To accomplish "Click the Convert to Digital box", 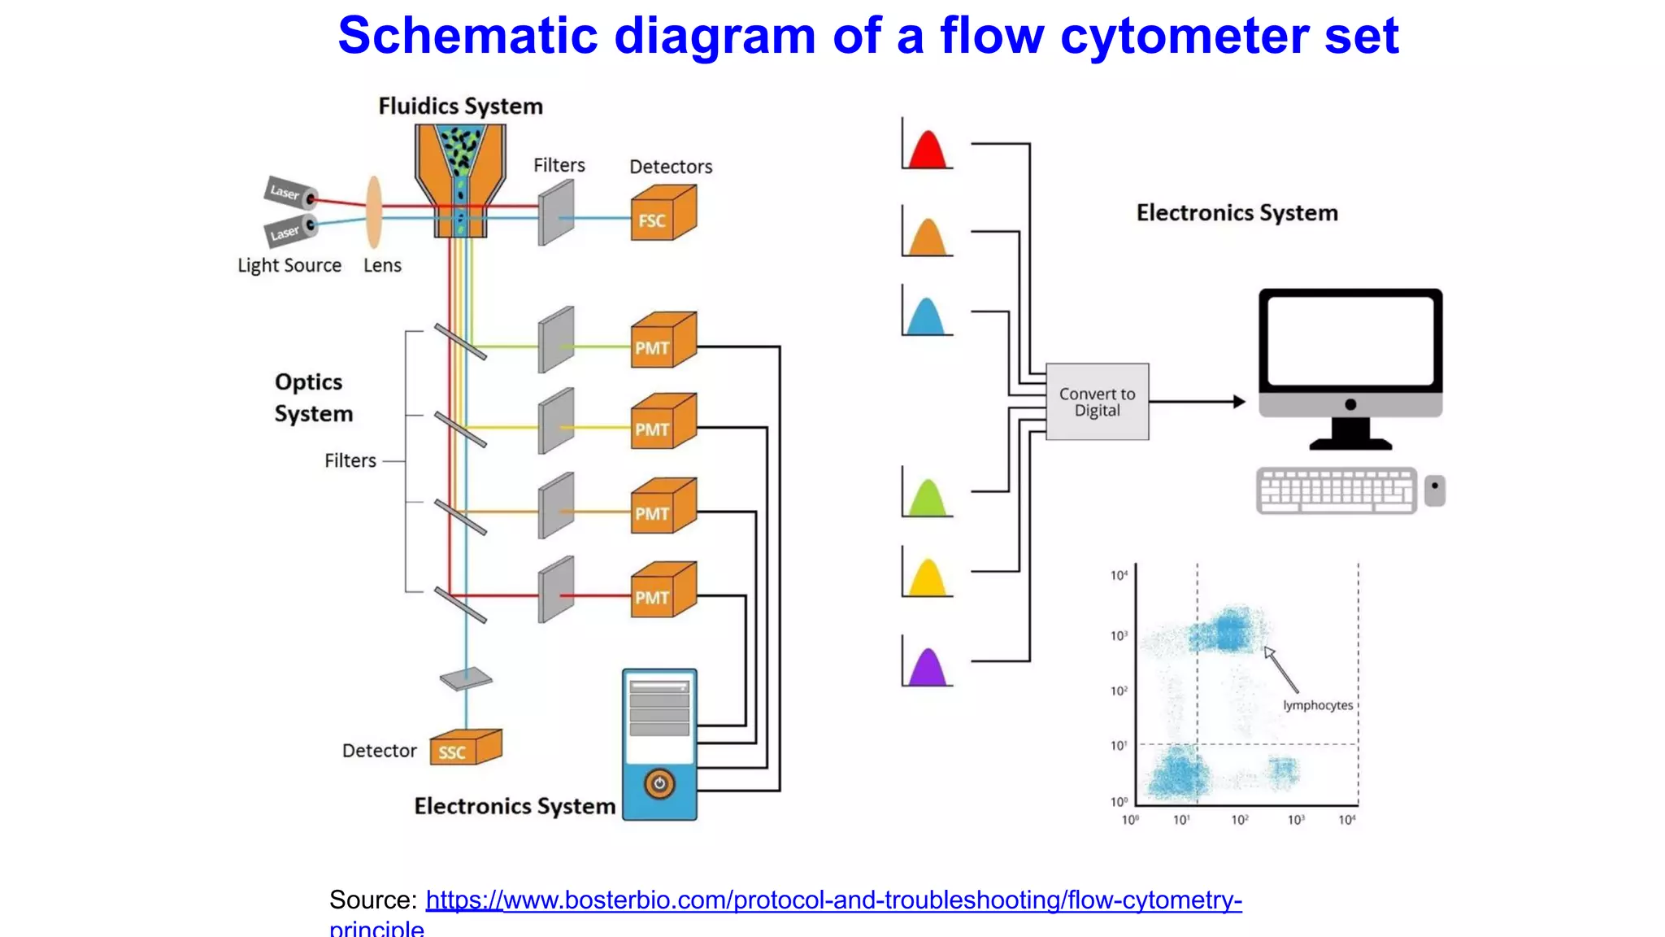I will click(x=1097, y=402).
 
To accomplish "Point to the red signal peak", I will click(x=928, y=151).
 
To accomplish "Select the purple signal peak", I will click(x=928, y=669).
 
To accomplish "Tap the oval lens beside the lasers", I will click(x=374, y=212).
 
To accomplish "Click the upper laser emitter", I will click(x=290, y=193).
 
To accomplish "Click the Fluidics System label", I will click(x=460, y=107).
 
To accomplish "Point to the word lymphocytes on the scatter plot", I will click(x=1318, y=705).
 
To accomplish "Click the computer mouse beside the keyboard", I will click(x=1435, y=490).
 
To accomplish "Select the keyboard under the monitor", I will click(x=1336, y=490).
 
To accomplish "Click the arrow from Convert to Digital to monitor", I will click(x=1197, y=402).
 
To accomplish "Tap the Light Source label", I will click(x=289, y=265).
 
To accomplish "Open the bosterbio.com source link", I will click(x=833, y=900).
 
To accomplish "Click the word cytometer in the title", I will click(x=1185, y=36).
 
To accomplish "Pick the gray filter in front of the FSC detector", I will click(x=556, y=213).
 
